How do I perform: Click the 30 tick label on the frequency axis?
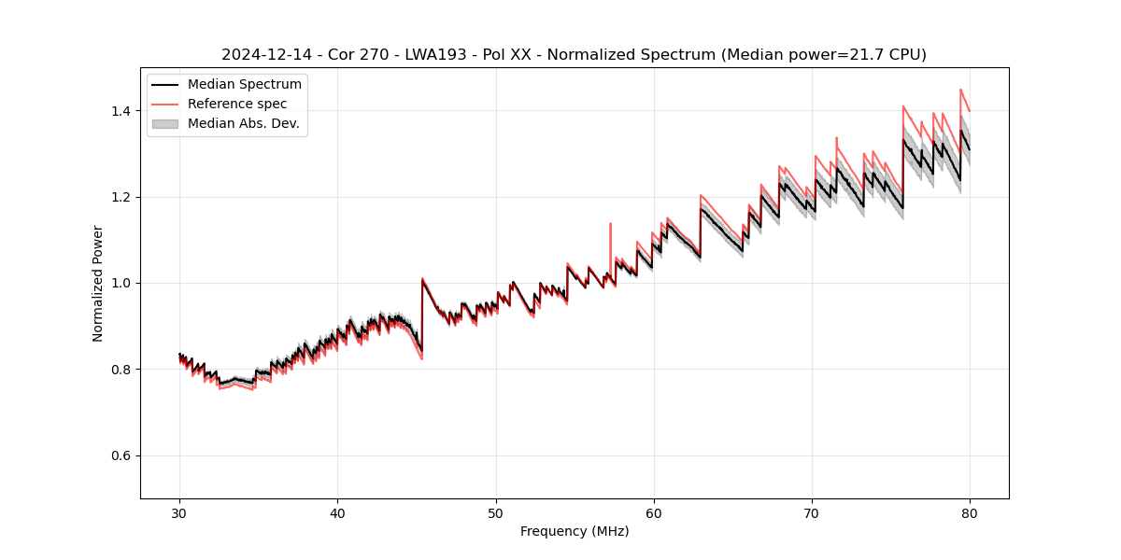pyautogui.click(x=179, y=512)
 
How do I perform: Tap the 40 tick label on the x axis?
pyautogui.click(x=337, y=512)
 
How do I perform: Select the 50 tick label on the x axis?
pyautogui.click(x=496, y=512)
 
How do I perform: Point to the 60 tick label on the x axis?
pyautogui.click(x=654, y=512)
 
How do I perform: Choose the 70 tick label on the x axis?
pyautogui.click(x=812, y=512)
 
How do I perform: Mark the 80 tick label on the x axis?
pyautogui.click(x=970, y=512)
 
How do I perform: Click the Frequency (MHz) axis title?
pyautogui.click(x=575, y=531)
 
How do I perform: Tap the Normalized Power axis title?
pyautogui.click(x=98, y=283)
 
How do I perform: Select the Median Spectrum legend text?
pyautogui.click(x=245, y=85)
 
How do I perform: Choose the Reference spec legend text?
pyautogui.click(x=237, y=104)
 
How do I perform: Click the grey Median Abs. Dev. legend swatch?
pyautogui.click(x=165, y=123)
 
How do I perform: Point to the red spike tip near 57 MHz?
pyautogui.click(x=610, y=223)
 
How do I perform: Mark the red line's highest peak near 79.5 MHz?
pyautogui.click(x=960, y=90)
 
